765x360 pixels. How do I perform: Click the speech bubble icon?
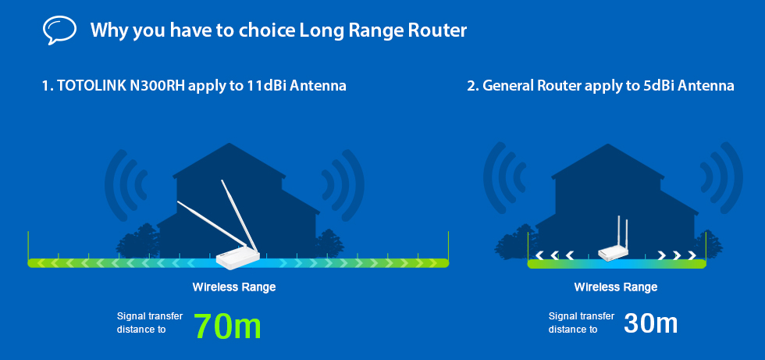tap(59, 30)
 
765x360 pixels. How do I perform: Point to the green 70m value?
tap(227, 326)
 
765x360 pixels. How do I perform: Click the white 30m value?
tap(650, 323)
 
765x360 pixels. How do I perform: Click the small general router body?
tap(614, 253)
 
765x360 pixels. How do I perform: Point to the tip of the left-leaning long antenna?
tap(178, 202)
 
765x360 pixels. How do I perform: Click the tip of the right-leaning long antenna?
tap(222, 181)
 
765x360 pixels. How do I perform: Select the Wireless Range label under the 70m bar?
tap(234, 287)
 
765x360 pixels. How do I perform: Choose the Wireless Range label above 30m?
tap(616, 287)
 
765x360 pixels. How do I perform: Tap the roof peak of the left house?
tap(229, 143)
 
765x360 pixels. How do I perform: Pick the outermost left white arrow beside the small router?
tap(539, 255)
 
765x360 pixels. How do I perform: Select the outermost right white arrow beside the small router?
tap(692, 255)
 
